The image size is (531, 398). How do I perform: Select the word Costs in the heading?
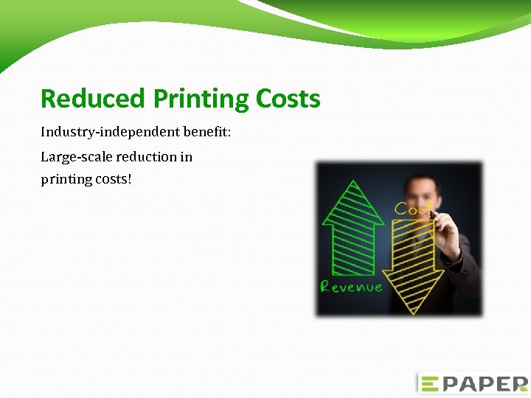(288, 99)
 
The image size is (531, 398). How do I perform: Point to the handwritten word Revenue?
(351, 287)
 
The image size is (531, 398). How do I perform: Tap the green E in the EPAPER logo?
(429, 384)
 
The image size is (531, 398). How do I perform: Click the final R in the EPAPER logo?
(515, 384)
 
